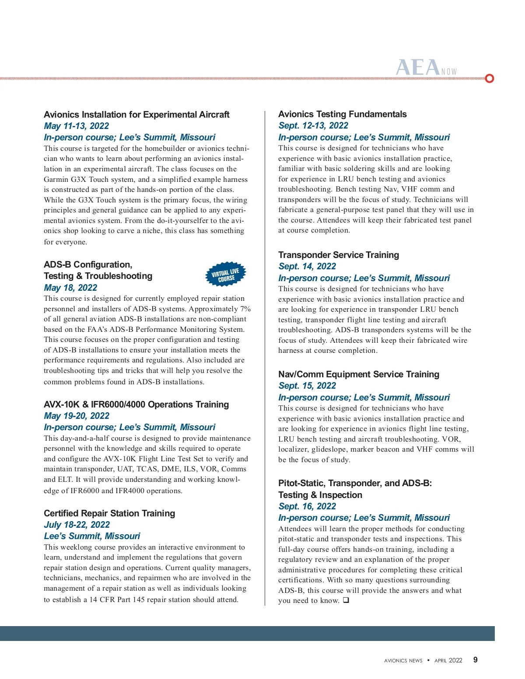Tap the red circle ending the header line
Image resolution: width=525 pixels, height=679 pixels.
(x=490, y=78)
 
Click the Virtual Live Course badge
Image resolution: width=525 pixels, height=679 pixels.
(x=226, y=275)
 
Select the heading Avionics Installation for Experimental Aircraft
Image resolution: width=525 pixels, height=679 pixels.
(x=136, y=115)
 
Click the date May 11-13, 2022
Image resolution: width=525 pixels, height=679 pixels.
(x=76, y=126)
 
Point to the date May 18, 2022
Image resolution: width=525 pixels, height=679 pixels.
(x=70, y=288)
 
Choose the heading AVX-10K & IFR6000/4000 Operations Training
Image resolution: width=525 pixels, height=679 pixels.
(x=136, y=404)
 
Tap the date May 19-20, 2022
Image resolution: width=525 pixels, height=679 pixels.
(x=77, y=416)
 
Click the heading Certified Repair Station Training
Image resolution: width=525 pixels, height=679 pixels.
(x=109, y=513)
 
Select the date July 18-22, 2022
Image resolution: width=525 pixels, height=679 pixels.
(x=77, y=525)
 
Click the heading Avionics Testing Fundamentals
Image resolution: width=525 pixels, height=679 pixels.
(x=343, y=114)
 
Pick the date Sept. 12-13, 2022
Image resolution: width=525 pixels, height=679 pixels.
(x=313, y=125)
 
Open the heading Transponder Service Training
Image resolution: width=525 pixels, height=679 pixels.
(x=339, y=255)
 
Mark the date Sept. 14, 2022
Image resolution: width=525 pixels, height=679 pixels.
(x=307, y=266)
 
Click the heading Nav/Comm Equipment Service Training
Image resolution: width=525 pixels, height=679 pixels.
(x=359, y=374)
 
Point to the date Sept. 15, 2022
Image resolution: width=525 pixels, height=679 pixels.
(x=307, y=386)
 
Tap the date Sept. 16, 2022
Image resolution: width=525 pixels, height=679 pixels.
(x=307, y=506)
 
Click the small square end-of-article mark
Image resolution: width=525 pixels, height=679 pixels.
(x=346, y=600)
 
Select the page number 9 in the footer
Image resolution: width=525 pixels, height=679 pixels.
(x=476, y=660)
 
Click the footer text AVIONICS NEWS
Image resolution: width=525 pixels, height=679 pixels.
(x=403, y=661)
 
